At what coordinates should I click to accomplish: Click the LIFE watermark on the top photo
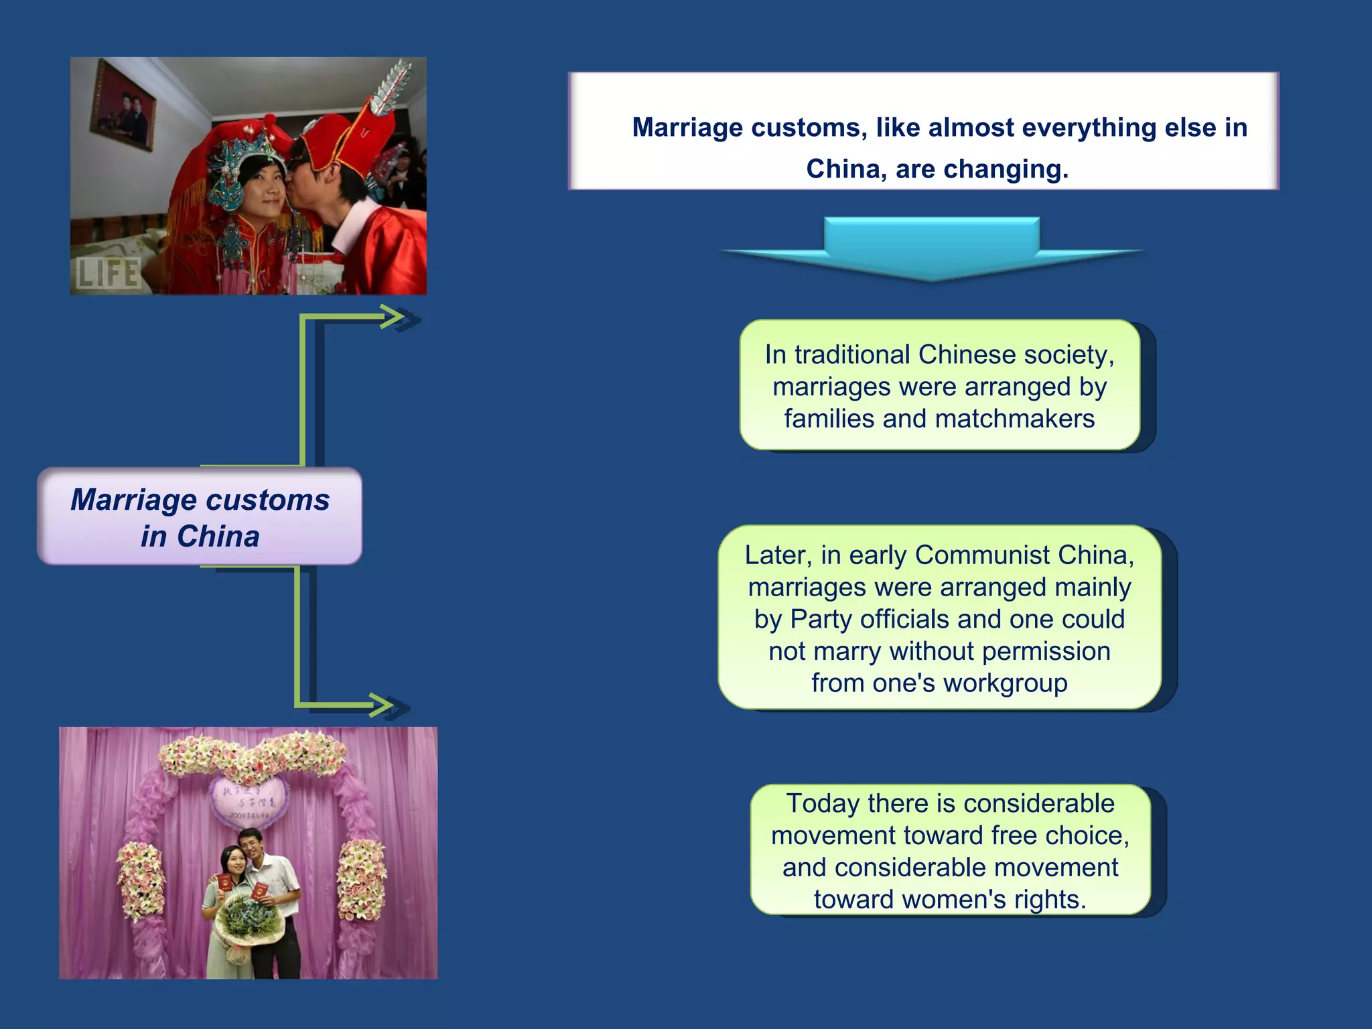[x=107, y=273]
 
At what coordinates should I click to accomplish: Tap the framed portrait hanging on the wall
[x=123, y=105]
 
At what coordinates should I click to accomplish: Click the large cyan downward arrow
[x=931, y=248]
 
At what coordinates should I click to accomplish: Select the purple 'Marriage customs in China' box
[x=200, y=517]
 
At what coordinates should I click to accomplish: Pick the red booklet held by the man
[x=260, y=891]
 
